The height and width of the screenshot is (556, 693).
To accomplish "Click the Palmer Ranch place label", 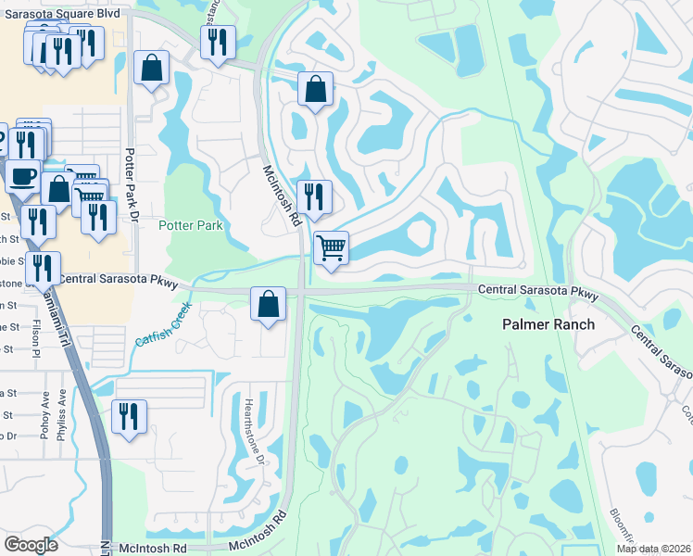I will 548,325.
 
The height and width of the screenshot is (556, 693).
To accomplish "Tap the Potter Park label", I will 191,225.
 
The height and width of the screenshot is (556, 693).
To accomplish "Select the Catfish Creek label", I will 163,324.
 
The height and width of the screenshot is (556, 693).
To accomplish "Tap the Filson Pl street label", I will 37,340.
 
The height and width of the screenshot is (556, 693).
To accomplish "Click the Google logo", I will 31,545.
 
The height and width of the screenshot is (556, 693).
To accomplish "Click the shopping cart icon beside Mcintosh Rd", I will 331,248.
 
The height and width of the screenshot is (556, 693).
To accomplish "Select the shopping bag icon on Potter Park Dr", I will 150,68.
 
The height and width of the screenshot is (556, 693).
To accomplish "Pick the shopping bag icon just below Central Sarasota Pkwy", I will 268,304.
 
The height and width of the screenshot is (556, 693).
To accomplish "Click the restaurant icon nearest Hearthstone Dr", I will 129,415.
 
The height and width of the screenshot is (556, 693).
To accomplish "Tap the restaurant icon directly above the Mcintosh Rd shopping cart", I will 313,196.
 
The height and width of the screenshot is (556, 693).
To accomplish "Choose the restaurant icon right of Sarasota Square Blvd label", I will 218,42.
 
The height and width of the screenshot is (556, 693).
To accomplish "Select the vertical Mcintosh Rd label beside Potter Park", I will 282,196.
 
